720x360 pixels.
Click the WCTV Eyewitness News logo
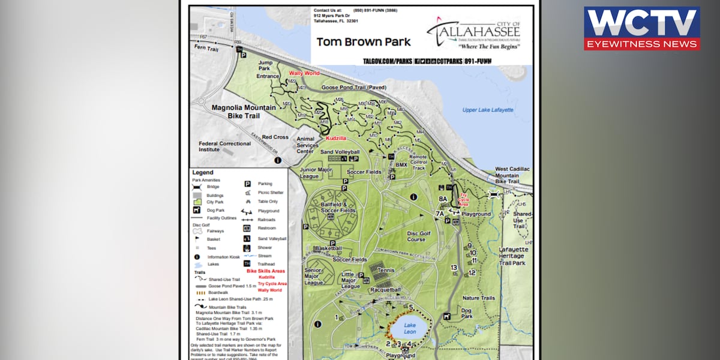point(641,28)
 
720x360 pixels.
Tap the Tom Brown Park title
point(364,42)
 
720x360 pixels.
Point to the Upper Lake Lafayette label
point(488,110)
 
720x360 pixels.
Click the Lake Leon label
point(409,328)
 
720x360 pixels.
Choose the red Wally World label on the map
point(304,73)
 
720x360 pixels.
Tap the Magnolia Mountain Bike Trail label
point(244,111)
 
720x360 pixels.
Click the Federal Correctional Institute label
point(225,147)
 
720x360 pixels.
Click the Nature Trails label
point(479,298)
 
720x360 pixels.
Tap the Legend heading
point(202,172)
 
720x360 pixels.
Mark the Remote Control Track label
point(418,162)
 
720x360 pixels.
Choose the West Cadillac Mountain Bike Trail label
point(512,175)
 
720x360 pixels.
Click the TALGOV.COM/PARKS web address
point(387,61)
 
